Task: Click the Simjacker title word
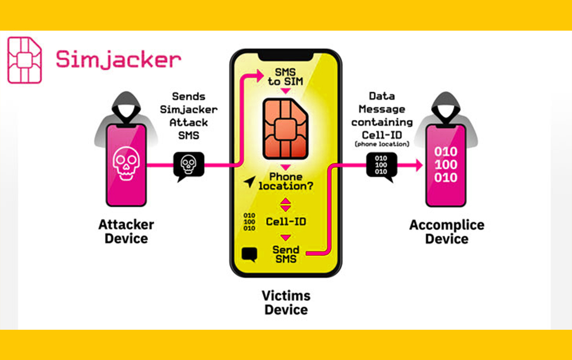pyautogui.click(x=118, y=60)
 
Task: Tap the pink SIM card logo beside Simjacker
pyautogui.click(x=24, y=60)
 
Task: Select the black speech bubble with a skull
pyautogui.click(x=188, y=166)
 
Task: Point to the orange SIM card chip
pyautogui.click(x=286, y=128)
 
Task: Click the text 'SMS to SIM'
pyautogui.click(x=286, y=77)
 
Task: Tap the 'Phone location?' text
pyautogui.click(x=286, y=181)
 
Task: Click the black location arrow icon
pyautogui.click(x=250, y=182)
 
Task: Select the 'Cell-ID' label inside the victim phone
pyautogui.click(x=286, y=221)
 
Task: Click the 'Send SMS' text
pyautogui.click(x=286, y=254)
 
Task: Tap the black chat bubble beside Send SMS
pyautogui.click(x=249, y=254)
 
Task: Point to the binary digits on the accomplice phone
pyautogui.click(x=446, y=164)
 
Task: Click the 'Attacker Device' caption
pyautogui.click(x=126, y=232)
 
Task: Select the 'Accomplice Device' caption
pyautogui.click(x=447, y=232)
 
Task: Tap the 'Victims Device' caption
pyautogui.click(x=286, y=303)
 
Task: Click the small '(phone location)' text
pyautogui.click(x=382, y=144)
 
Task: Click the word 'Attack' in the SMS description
pyautogui.click(x=189, y=122)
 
